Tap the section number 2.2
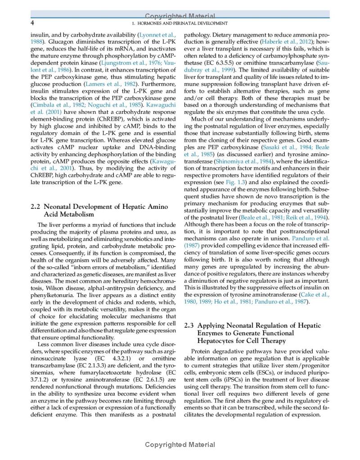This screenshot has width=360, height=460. pyautogui.click(x=36, y=207)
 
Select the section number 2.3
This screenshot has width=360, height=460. pyautogui.click(x=190, y=325)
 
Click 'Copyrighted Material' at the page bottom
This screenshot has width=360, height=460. pyautogui.click(x=180, y=445)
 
